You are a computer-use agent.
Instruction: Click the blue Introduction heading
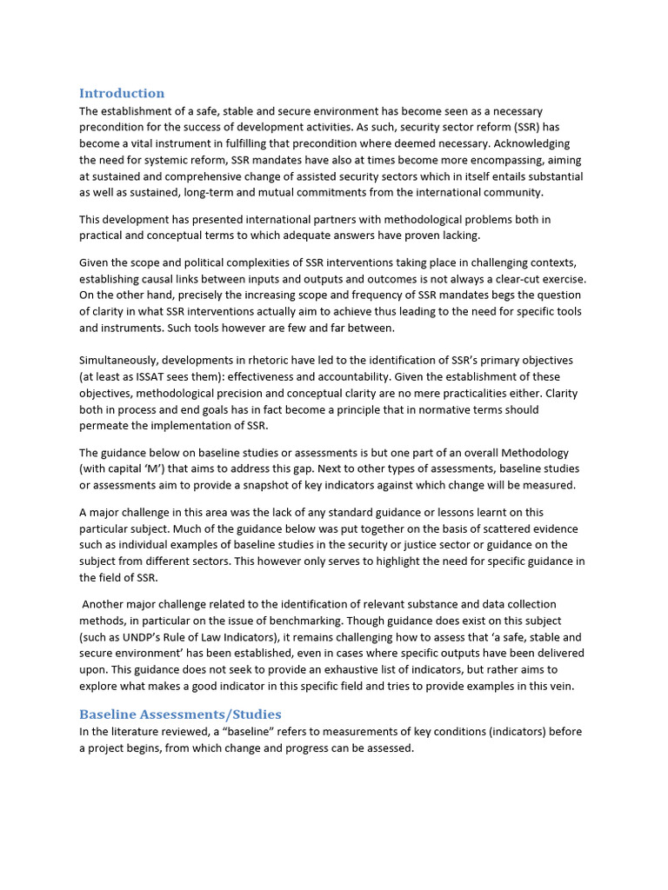(122, 93)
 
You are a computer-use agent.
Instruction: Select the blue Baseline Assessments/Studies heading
(180, 714)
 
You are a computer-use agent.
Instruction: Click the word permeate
(105, 426)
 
